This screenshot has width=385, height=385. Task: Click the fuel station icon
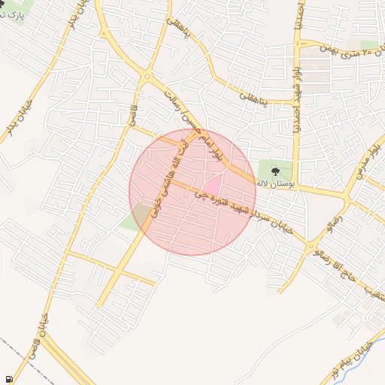(8, 380)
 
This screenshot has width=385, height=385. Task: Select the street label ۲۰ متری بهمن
(350, 51)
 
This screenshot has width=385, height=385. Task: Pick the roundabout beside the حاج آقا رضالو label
(311, 246)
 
